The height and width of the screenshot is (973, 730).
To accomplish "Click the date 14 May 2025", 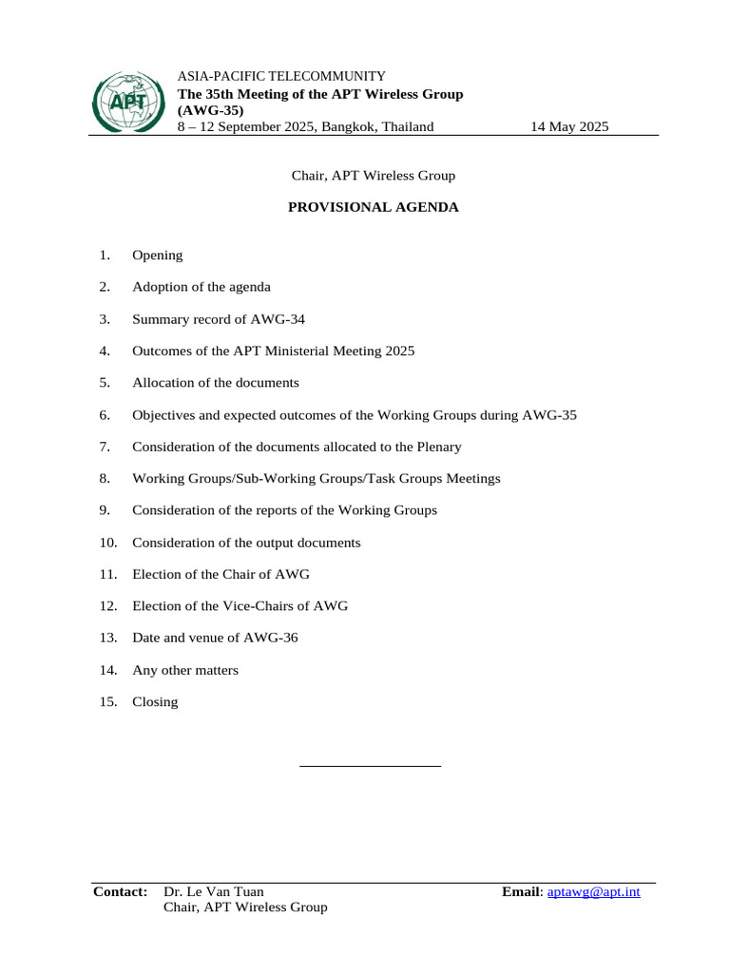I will [569, 126].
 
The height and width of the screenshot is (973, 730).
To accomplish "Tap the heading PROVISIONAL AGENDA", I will [374, 207].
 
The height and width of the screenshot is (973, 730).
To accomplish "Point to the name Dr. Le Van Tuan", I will [214, 891].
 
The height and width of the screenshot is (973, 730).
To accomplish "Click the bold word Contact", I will [120, 891].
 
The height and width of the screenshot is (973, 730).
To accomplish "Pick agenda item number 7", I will [105, 447].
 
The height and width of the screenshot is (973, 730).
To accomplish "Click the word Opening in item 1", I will [158, 256].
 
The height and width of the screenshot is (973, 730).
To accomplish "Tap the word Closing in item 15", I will [155, 702].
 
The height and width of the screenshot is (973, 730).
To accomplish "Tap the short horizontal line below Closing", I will [370, 765].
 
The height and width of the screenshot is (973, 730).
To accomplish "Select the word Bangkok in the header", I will [349, 126].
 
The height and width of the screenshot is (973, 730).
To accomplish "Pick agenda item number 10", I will [107, 543].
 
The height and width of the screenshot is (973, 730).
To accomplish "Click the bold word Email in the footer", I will [520, 892].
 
